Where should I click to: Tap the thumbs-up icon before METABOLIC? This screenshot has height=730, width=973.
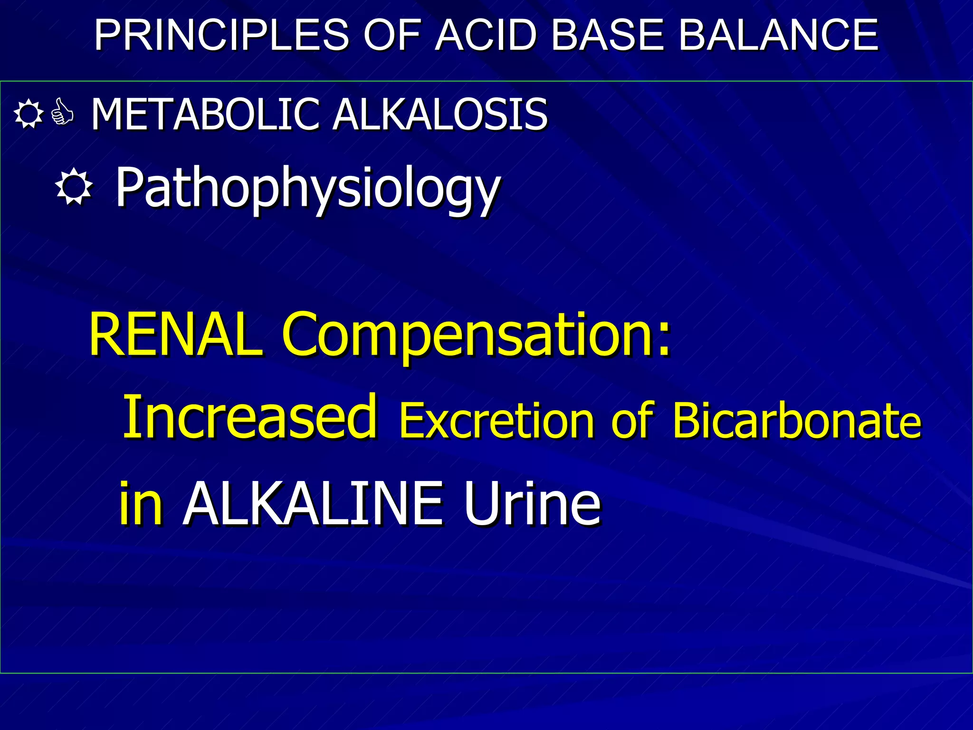[x=62, y=113]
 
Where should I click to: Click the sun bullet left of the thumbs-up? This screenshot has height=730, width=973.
[x=29, y=114]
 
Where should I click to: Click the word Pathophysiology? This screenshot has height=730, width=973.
[x=308, y=188]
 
